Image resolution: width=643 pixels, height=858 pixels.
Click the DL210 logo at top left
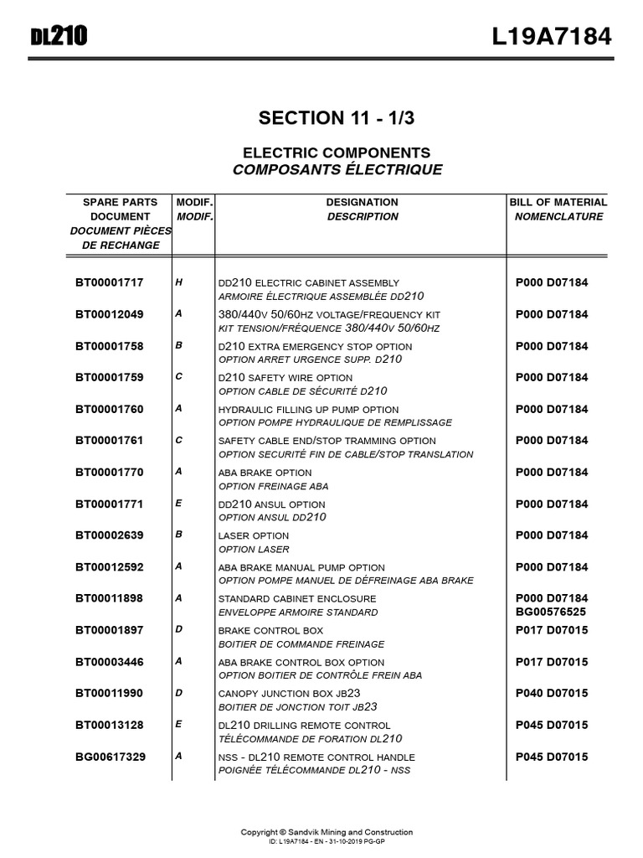coord(59,36)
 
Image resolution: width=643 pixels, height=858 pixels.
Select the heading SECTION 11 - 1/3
coord(336,118)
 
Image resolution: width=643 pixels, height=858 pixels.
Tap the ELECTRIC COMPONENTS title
coord(337,152)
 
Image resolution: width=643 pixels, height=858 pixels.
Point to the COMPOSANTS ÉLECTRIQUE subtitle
coord(337,170)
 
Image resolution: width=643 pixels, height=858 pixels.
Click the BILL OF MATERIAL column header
coord(558,202)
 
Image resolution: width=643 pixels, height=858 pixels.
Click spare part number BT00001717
coord(110,282)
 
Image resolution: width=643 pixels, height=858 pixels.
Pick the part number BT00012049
coord(110,314)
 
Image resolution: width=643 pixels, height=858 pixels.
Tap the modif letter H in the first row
coord(178,282)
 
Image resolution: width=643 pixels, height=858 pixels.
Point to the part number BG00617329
coord(110,757)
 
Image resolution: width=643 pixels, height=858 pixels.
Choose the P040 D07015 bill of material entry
coord(552,693)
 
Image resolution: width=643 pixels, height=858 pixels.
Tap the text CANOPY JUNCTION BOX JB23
coord(289,694)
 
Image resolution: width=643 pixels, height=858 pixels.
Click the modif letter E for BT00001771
coord(178,504)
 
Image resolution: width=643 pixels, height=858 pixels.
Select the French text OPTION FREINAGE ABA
coord(273,486)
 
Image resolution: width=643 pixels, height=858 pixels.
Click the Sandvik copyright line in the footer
coord(327,832)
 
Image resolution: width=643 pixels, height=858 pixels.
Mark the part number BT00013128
coord(110,725)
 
